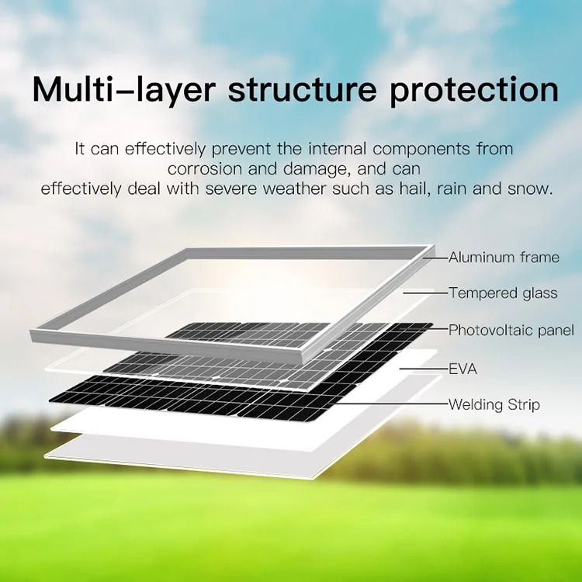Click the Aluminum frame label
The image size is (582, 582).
click(x=504, y=258)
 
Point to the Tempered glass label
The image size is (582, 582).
click(x=502, y=293)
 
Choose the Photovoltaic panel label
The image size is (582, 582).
click(x=511, y=331)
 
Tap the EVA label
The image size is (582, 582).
click(x=462, y=369)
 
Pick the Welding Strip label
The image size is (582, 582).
click(x=494, y=404)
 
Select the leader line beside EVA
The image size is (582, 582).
click(x=423, y=369)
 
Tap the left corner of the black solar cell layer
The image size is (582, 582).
click(x=51, y=397)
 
